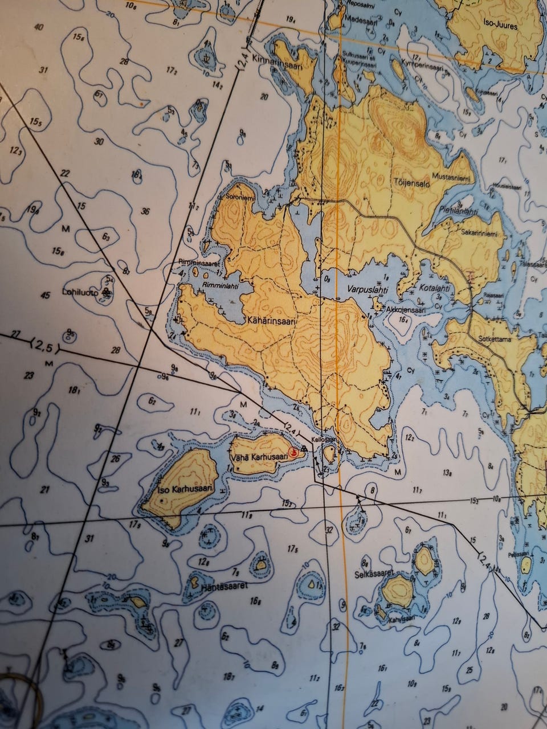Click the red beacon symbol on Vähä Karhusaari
coord(293,453)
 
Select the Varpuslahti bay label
coord(357,289)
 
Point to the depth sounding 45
coord(46,295)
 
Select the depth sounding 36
coord(145,212)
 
